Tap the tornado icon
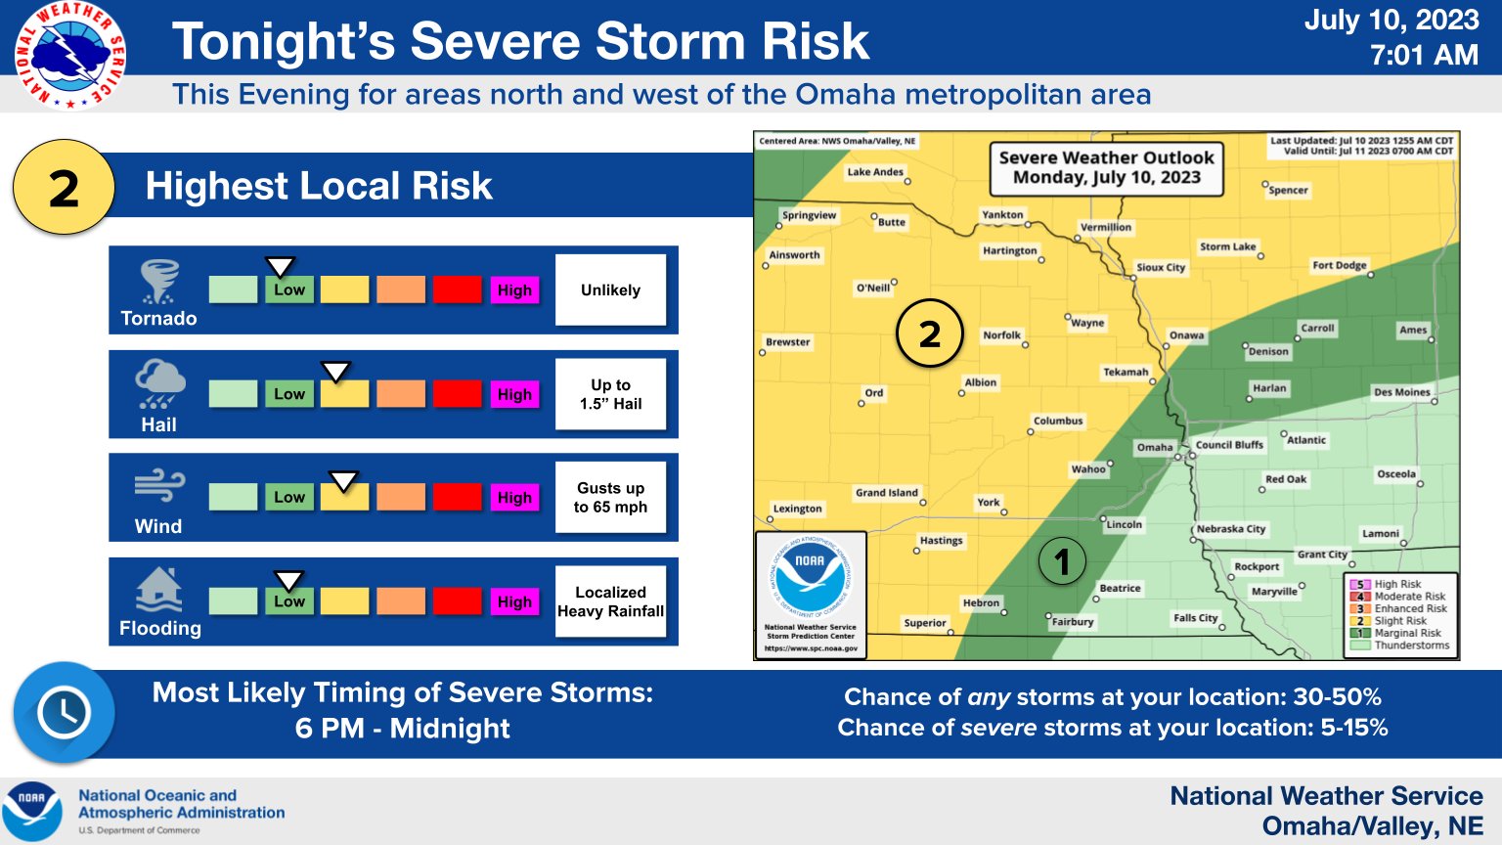pos(158,282)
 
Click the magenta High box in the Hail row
pos(514,394)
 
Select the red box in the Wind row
pos(458,497)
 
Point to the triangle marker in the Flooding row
pos(288,581)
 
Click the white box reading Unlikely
pos(610,289)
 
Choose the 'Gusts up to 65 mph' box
pos(610,497)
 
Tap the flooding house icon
pos(158,591)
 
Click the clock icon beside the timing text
pos(64,713)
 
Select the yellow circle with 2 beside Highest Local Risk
pos(64,187)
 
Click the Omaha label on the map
pos(1155,447)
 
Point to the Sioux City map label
pos(1161,267)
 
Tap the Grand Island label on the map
pos(886,493)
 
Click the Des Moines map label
pos(1402,392)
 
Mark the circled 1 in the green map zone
pos(1062,561)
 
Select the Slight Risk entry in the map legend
pos(1399,621)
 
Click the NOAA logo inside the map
pos(810,576)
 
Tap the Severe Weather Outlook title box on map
pos(1106,167)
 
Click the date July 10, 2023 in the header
pos(1391,21)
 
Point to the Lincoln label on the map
pos(1124,524)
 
